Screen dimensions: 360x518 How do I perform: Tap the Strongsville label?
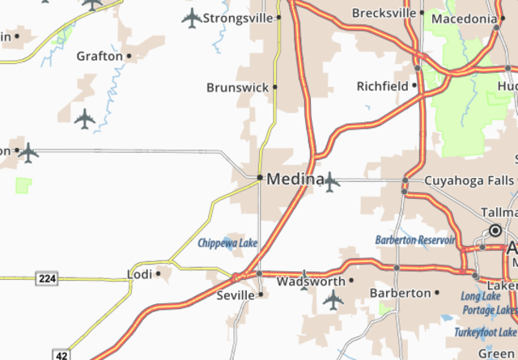click(x=238, y=17)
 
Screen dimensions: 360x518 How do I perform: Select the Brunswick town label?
click(x=238, y=87)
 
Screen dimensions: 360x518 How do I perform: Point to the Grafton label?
click(x=99, y=57)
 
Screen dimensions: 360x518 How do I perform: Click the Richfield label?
click(x=384, y=85)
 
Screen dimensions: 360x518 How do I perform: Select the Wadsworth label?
click(x=311, y=282)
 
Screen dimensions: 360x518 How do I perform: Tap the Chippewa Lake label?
click(x=227, y=243)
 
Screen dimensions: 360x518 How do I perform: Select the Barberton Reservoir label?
click(x=415, y=239)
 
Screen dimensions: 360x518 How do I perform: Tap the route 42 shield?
click(x=62, y=354)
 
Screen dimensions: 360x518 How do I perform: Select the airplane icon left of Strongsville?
click(x=191, y=17)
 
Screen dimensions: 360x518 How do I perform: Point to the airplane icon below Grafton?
click(x=85, y=120)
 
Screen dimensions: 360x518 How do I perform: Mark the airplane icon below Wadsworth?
click(x=333, y=300)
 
